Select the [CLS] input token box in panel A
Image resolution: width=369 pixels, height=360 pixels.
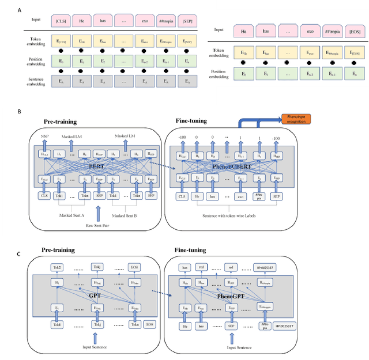pyautogui.click(x=62, y=21)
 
